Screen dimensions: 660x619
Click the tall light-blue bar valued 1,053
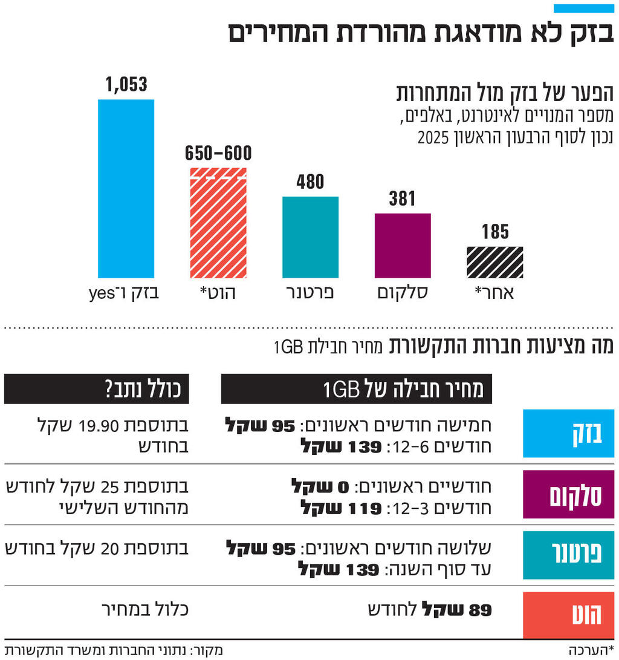click(126, 188)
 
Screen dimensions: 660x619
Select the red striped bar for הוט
click(218, 223)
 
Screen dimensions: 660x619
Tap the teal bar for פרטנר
click(310, 237)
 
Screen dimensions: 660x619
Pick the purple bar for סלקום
click(403, 245)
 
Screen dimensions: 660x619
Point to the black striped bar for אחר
click(495, 262)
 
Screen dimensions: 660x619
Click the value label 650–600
click(219, 154)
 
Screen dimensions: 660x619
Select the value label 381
click(403, 198)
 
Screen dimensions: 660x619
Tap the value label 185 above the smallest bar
click(495, 232)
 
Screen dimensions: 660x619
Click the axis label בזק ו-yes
click(125, 293)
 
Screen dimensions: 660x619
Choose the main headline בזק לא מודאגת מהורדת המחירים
click(421, 33)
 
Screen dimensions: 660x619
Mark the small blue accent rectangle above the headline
click(584, 8)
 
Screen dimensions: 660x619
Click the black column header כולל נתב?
click(97, 389)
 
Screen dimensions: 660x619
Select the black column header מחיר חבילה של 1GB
click(357, 389)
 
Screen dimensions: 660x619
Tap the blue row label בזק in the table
click(568, 433)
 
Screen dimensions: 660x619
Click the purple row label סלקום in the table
click(568, 494)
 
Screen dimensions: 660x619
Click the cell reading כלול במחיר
click(144, 608)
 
